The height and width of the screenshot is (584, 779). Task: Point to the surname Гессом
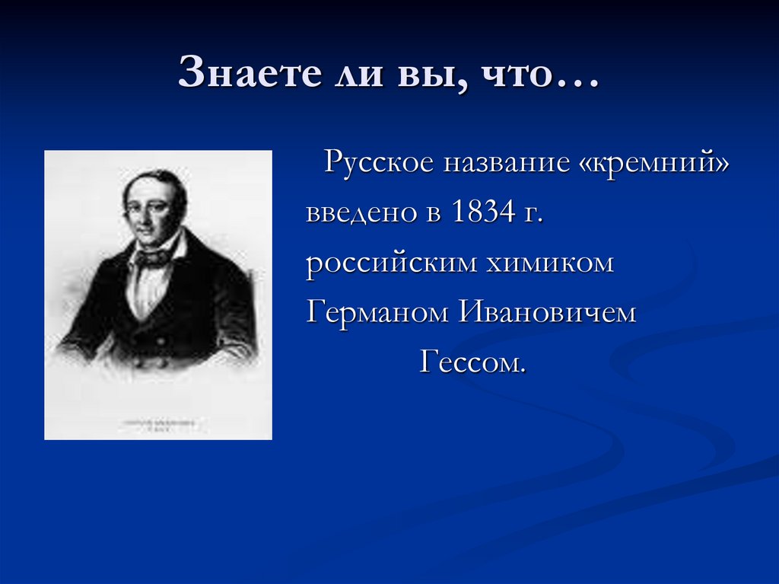point(472,362)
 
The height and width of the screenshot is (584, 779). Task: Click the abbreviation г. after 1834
point(533,215)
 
